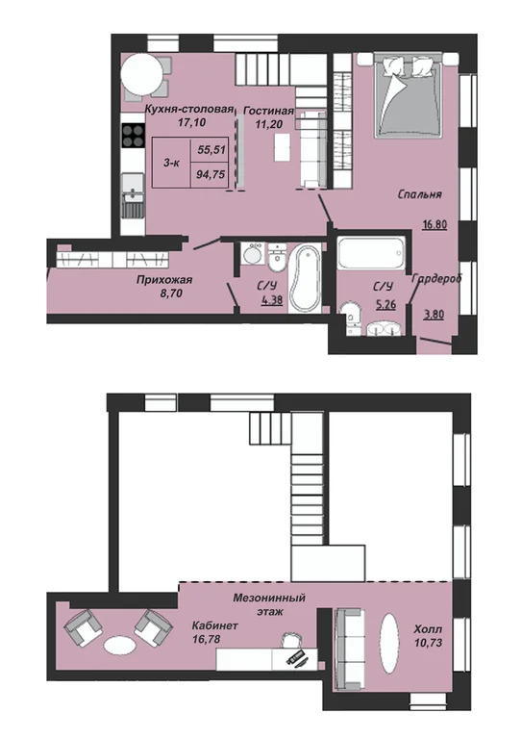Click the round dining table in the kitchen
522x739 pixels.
click(x=142, y=74)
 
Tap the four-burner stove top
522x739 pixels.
click(x=133, y=136)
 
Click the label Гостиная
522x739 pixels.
click(x=269, y=111)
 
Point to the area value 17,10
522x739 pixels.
click(x=188, y=122)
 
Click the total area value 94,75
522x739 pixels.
click(x=211, y=175)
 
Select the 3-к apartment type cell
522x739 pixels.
click(x=171, y=163)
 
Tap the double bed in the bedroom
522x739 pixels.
click(x=408, y=95)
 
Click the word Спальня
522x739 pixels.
click(x=419, y=194)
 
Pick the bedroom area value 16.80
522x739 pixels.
click(x=434, y=224)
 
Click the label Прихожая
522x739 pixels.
click(x=164, y=280)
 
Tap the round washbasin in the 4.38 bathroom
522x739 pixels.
click(x=254, y=255)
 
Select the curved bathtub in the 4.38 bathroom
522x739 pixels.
click(x=305, y=277)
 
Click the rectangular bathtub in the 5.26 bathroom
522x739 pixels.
click(x=371, y=254)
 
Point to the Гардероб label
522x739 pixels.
click(x=436, y=278)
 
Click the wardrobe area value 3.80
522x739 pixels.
click(x=434, y=314)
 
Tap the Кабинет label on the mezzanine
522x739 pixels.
click(x=214, y=625)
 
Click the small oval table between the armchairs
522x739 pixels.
click(x=119, y=646)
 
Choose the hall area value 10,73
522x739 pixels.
click(x=428, y=643)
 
